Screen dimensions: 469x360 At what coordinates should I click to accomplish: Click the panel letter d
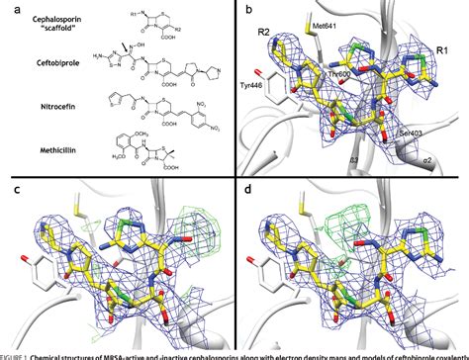(245, 185)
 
